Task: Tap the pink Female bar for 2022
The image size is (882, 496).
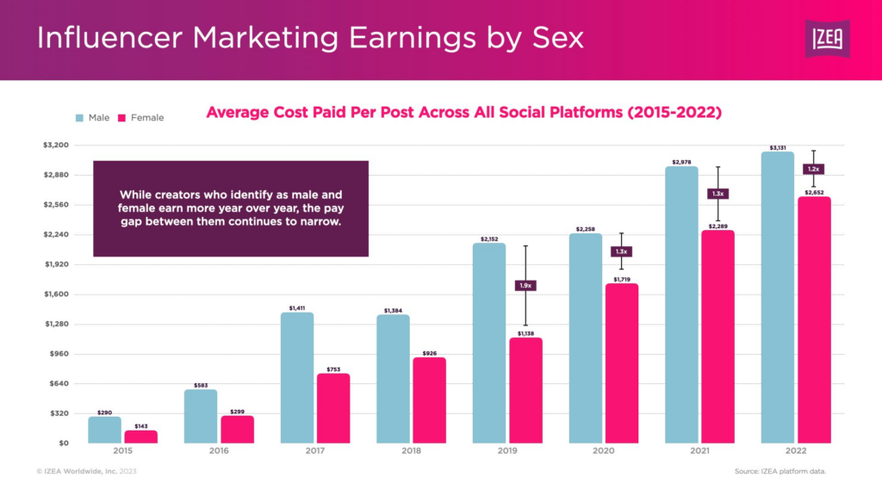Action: coord(814,319)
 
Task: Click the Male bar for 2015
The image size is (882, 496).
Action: coord(104,430)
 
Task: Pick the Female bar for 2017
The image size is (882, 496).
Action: coord(332,408)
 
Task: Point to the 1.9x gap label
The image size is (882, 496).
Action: coord(525,285)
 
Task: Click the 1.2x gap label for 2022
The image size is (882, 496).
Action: coord(814,169)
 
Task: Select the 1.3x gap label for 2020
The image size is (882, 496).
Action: coord(622,251)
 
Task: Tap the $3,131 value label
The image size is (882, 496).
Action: coord(778,146)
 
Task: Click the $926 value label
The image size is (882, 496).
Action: coord(429,352)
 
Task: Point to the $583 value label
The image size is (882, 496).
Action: coord(200,384)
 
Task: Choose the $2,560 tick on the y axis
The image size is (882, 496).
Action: coord(56,205)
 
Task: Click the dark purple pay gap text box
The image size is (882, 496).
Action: coord(230,208)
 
